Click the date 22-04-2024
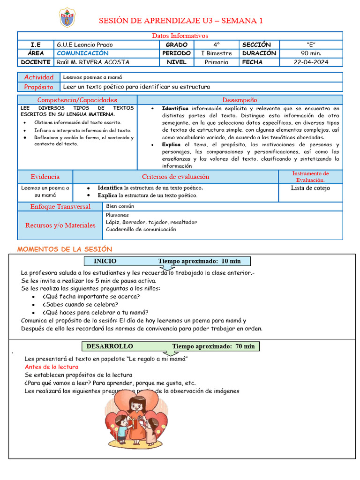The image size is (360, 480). click(x=311, y=62)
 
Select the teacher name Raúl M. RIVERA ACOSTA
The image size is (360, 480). click(x=92, y=62)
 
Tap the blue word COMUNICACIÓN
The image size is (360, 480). click(x=82, y=53)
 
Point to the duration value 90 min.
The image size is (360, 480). click(x=311, y=53)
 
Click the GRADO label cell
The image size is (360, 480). click(x=176, y=45)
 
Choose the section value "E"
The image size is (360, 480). click(x=311, y=45)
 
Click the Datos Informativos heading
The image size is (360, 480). click(x=180, y=36)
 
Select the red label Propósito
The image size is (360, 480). click(x=39, y=87)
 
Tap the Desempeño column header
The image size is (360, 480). click(x=240, y=100)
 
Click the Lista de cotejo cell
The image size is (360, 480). click(x=310, y=188)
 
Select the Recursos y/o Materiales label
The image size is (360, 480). click(x=60, y=225)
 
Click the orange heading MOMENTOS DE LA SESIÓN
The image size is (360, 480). click(x=65, y=249)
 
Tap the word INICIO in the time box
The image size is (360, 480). click(x=105, y=261)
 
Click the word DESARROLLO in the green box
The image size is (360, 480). click(x=109, y=346)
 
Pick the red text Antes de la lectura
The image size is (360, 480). click(x=52, y=367)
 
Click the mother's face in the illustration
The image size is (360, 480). click(x=136, y=405)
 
